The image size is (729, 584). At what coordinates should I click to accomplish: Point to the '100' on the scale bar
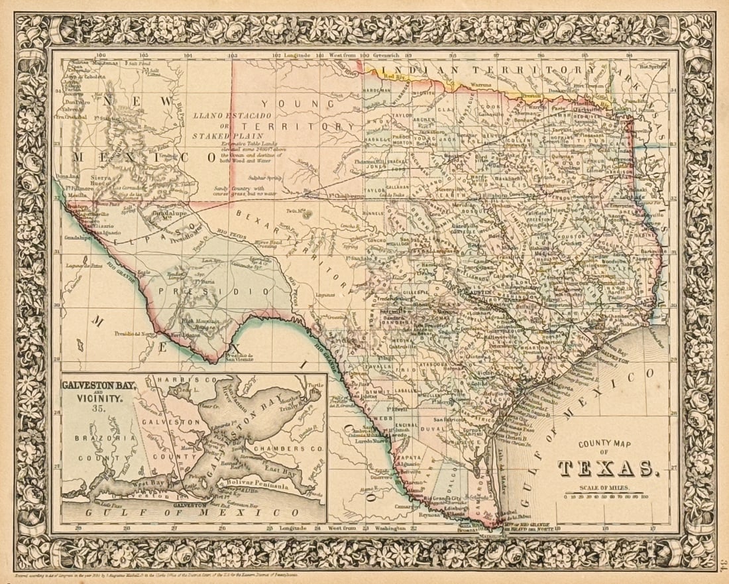(x=644, y=495)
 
